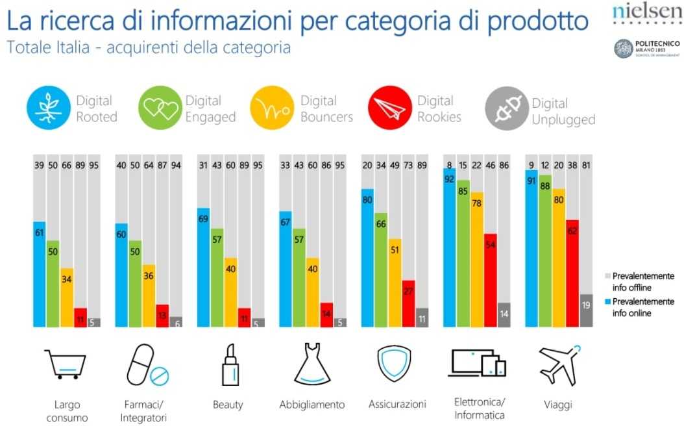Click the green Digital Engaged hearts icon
coord(160,108)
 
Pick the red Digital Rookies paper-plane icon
coord(389,108)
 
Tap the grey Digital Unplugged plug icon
coord(506,111)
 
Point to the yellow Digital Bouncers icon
coord(272,108)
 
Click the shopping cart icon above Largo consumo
coord(65,364)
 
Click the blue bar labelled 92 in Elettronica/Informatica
coord(449,253)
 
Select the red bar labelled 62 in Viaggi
coord(572,273)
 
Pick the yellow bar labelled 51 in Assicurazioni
coord(395,283)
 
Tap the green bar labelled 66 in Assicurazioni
coord(382,270)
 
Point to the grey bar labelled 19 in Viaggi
coord(586,310)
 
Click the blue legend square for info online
coord(607,301)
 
